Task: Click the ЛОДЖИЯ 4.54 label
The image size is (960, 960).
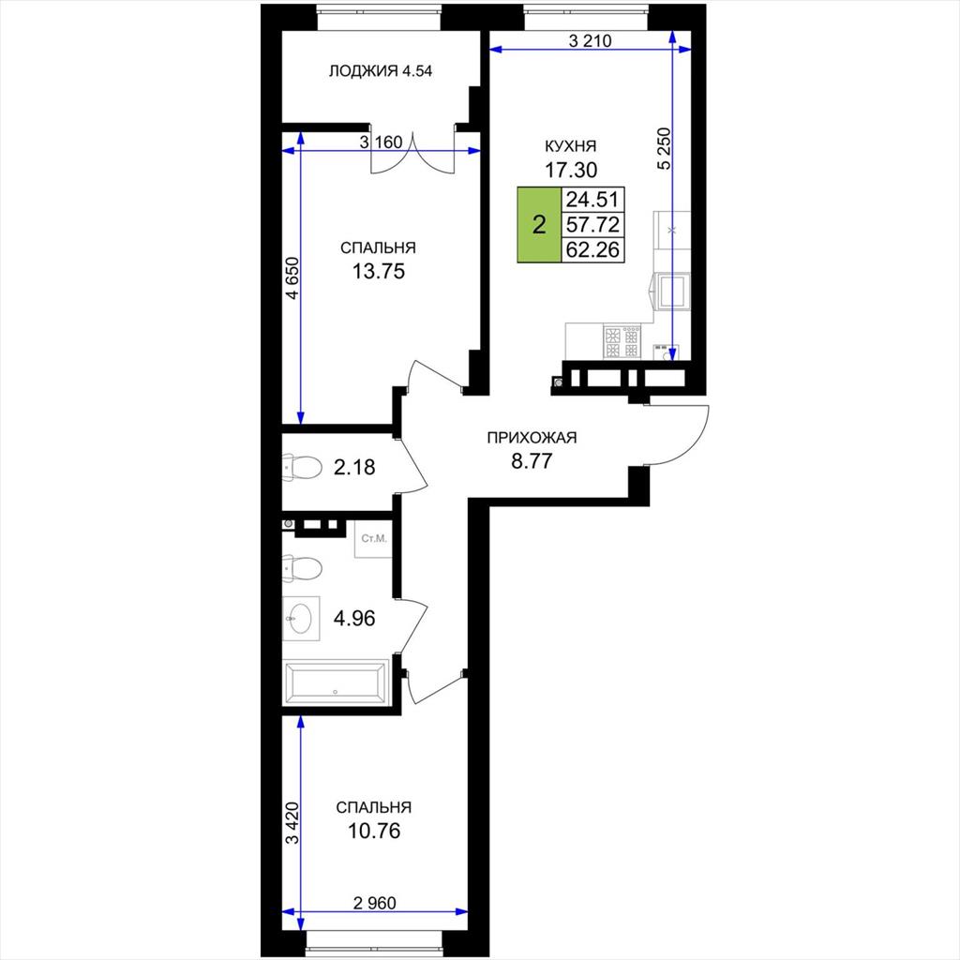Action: tap(381, 71)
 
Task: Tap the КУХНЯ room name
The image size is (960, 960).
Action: tap(571, 146)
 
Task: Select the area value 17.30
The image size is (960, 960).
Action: tap(571, 169)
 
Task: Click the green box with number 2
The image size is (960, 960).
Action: tap(539, 225)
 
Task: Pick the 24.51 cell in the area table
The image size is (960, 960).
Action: tap(592, 200)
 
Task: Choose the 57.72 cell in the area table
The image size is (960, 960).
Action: tap(592, 225)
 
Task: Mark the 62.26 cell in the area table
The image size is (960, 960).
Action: tap(592, 249)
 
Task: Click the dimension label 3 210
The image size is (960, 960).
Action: tap(591, 41)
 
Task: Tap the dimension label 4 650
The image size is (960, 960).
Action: tap(293, 277)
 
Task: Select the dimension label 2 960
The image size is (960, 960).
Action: tap(375, 903)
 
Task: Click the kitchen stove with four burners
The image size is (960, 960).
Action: tap(622, 341)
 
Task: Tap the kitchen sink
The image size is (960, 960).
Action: tap(672, 291)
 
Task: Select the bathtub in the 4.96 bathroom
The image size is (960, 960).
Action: tap(337, 682)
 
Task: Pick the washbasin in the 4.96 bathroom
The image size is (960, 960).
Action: tap(301, 619)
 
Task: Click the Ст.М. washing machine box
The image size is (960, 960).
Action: tap(373, 539)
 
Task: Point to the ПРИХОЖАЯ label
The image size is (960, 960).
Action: tap(532, 438)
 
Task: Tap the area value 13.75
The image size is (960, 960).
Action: tap(379, 271)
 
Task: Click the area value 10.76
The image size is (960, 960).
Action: tap(373, 831)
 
